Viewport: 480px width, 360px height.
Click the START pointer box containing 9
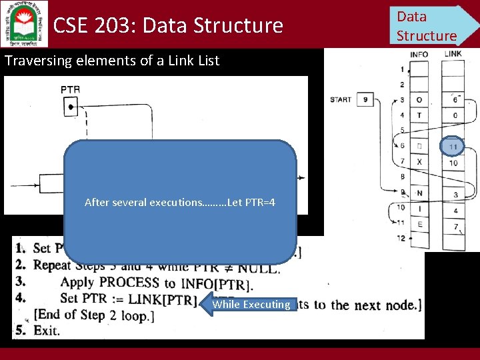click(x=365, y=99)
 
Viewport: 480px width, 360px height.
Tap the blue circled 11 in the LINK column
click(x=453, y=146)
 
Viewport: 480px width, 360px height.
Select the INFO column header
click(x=419, y=54)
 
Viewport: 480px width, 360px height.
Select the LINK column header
click(x=453, y=54)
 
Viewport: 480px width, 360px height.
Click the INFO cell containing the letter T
click(x=419, y=115)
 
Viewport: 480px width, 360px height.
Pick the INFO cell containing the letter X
click(x=419, y=162)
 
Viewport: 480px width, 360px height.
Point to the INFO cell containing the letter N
click(x=419, y=193)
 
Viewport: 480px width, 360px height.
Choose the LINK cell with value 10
click(x=453, y=162)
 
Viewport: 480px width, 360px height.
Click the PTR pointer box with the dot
click(x=70, y=105)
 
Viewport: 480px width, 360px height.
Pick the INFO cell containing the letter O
click(x=419, y=100)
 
